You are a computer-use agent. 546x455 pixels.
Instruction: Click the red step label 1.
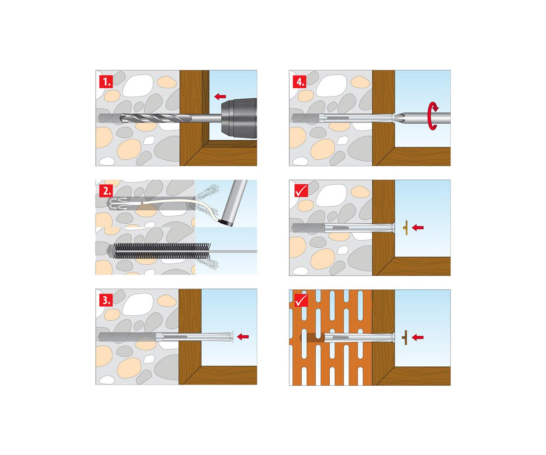pyautogui.click(x=106, y=81)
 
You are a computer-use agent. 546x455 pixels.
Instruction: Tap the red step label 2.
pyautogui.click(x=106, y=191)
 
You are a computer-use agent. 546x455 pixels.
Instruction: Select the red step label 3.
pyautogui.click(x=106, y=300)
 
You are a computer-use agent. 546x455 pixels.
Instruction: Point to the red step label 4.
pyautogui.click(x=300, y=81)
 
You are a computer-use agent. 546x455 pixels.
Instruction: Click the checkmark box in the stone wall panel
pyautogui.click(x=301, y=191)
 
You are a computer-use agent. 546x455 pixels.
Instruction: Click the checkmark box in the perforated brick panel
pyautogui.click(x=301, y=300)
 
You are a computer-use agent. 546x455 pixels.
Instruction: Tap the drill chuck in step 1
pyautogui.click(x=239, y=118)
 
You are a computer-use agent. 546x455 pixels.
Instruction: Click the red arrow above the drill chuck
pyautogui.click(x=220, y=96)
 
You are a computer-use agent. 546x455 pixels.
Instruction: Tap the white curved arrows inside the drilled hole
pyautogui.click(x=119, y=204)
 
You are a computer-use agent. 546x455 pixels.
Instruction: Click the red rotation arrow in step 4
pyautogui.click(x=433, y=116)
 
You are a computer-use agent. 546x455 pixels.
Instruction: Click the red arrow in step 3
pyautogui.click(x=243, y=336)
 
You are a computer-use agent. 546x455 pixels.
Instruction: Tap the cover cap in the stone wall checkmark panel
pyautogui.click(x=405, y=228)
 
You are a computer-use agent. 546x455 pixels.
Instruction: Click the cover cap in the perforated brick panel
pyautogui.click(x=405, y=337)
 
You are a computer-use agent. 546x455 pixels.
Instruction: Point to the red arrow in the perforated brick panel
pyautogui.click(x=418, y=337)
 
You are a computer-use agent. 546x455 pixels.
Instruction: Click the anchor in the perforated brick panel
pyautogui.click(x=359, y=338)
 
